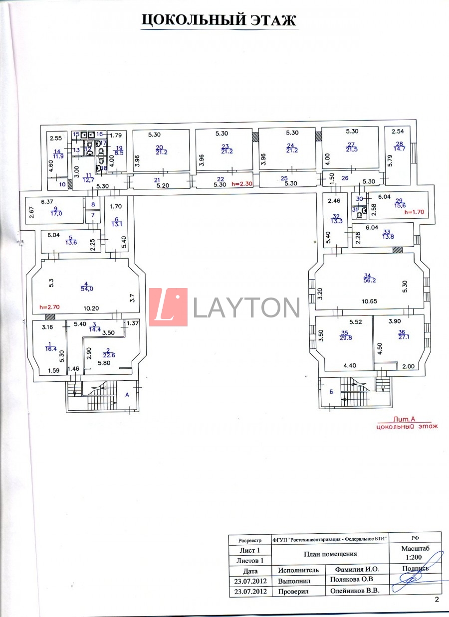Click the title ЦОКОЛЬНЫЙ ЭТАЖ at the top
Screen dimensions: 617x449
(219, 20)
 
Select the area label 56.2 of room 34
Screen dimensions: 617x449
(370, 280)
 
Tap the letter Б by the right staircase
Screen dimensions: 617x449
(331, 391)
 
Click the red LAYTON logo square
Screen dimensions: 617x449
(168, 307)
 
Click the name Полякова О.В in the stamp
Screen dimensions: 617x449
(351, 580)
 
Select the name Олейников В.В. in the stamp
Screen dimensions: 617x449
(355, 591)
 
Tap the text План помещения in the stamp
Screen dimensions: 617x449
(330, 554)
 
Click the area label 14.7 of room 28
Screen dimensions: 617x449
(399, 149)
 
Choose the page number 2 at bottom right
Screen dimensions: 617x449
(437, 600)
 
